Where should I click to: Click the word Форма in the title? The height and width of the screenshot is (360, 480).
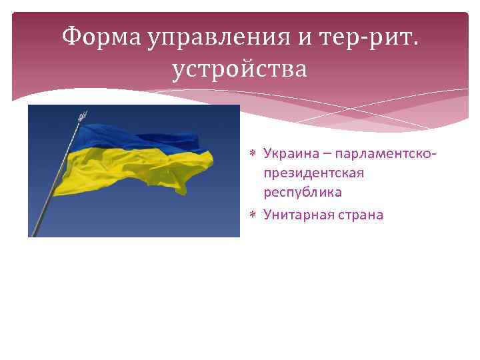tap(99, 38)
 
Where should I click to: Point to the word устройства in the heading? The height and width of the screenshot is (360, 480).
tap(239, 69)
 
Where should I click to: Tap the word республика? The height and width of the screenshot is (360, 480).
tap(302, 192)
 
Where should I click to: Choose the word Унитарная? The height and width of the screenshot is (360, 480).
tap(296, 215)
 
